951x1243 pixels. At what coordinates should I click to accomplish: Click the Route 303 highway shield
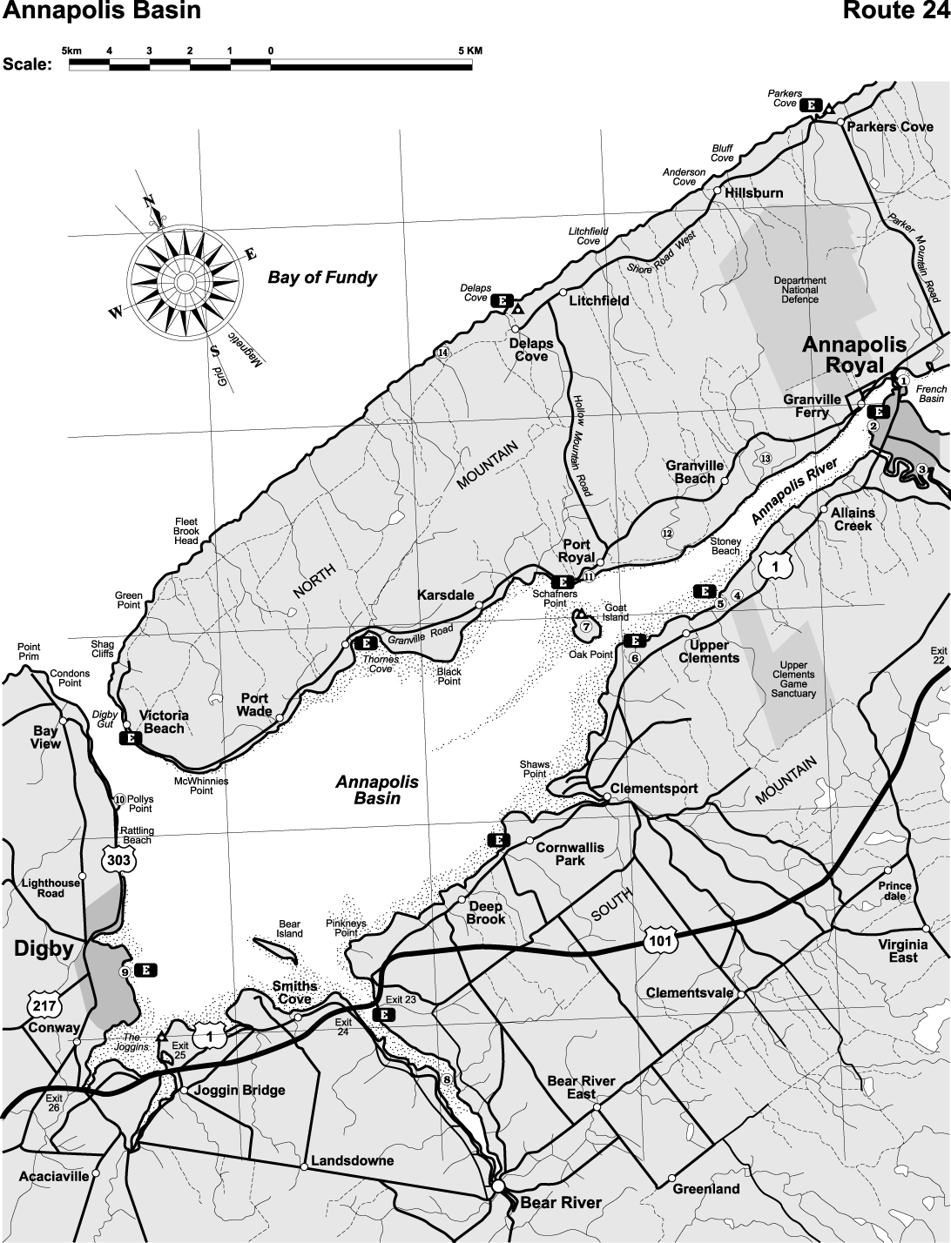point(118,860)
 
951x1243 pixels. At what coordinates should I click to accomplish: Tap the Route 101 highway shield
point(658,938)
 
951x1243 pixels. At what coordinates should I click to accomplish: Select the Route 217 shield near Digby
point(43,1005)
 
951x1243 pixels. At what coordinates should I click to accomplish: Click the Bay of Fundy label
point(322,278)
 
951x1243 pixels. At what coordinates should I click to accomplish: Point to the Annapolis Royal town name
point(854,354)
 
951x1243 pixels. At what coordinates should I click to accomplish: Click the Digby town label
point(44,949)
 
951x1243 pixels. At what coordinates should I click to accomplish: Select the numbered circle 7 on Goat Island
point(586,627)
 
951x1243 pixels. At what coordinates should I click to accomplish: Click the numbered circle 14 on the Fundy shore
point(442,353)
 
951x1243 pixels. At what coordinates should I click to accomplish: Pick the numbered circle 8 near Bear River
point(447,1079)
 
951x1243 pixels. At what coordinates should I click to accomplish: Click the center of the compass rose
point(185,281)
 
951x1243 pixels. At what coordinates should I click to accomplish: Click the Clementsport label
point(654,789)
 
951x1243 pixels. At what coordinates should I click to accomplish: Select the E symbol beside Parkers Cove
point(812,104)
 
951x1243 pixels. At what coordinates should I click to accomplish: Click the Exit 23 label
point(400,1000)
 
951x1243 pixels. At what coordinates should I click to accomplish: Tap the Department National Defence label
point(799,290)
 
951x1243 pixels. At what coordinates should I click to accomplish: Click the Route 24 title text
point(894,11)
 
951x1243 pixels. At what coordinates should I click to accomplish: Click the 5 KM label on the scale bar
point(469,50)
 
